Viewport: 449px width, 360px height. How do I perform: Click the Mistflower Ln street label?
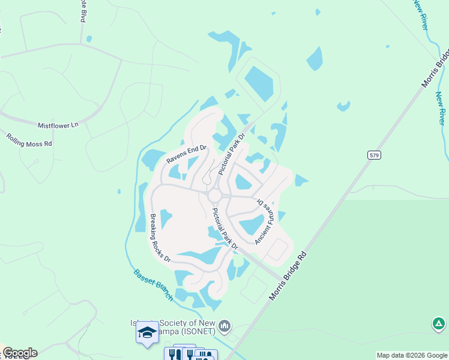[x=58, y=125]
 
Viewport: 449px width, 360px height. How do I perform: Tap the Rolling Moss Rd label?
[x=29, y=140]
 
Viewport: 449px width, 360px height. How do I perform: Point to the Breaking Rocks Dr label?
[x=160, y=238]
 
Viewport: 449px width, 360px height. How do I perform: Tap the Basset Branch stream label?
[x=153, y=284]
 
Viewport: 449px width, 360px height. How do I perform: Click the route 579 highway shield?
[x=373, y=155]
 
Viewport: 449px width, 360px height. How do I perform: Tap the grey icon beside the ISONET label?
[x=225, y=326]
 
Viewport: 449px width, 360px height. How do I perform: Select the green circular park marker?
[x=439, y=325]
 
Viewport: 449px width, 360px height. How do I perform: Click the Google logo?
[x=20, y=353]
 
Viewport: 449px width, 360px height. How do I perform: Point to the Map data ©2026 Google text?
[x=412, y=355]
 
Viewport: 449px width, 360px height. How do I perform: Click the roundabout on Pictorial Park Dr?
[x=215, y=196]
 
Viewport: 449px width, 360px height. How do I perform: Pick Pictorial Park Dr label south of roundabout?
[x=226, y=229]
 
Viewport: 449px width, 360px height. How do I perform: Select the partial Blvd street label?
[x=82, y=11]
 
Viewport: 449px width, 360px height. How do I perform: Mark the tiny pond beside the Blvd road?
[x=89, y=39]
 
